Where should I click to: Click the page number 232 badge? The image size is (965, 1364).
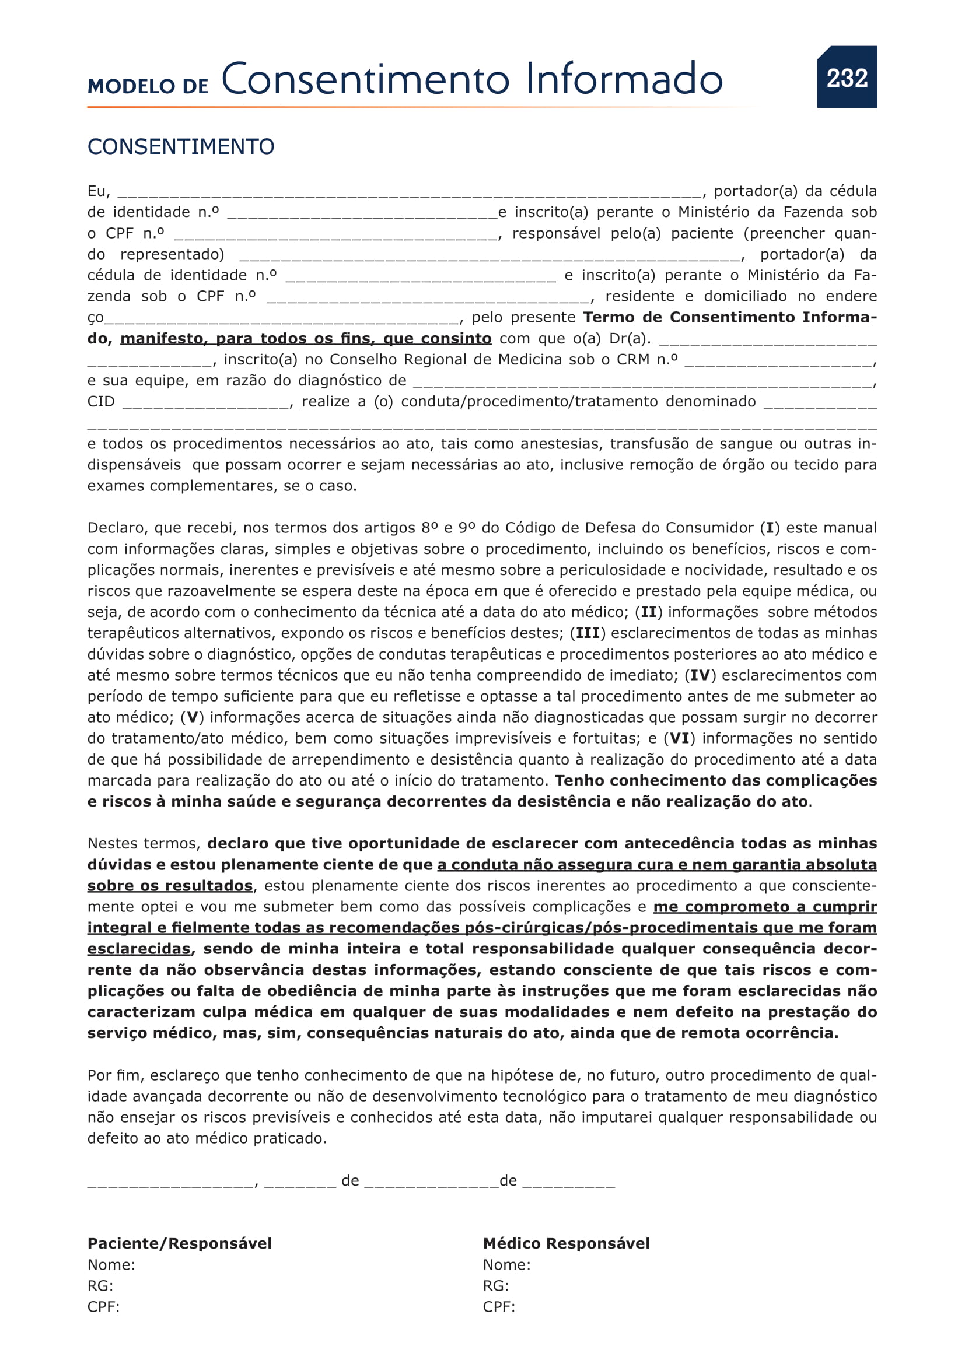(x=846, y=77)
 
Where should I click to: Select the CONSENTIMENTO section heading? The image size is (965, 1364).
(x=181, y=147)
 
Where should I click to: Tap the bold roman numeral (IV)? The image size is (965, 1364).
(x=700, y=675)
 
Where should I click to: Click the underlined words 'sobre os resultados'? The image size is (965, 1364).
(x=170, y=886)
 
